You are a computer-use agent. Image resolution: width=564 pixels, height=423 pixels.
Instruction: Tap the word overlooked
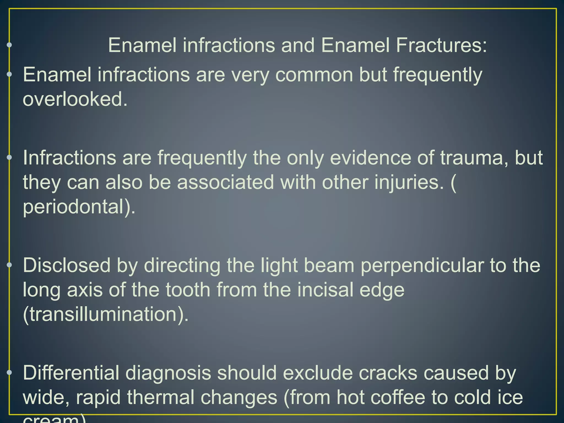coord(75,99)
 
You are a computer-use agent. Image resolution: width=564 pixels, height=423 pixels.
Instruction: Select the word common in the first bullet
coord(314,75)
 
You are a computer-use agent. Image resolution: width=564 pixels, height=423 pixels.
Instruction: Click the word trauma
coord(474,158)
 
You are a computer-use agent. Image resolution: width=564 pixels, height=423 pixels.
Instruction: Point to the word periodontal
coord(79,207)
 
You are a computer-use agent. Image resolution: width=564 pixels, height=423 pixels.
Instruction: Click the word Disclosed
coord(66,265)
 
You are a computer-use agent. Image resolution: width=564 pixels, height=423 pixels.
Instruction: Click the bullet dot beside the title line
coord(9,45)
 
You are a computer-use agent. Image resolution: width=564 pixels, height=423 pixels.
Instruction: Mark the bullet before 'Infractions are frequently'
coord(9,157)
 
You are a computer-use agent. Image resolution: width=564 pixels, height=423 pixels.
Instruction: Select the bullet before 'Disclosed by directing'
coord(9,265)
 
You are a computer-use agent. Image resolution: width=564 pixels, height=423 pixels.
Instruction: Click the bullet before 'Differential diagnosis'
coord(9,373)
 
